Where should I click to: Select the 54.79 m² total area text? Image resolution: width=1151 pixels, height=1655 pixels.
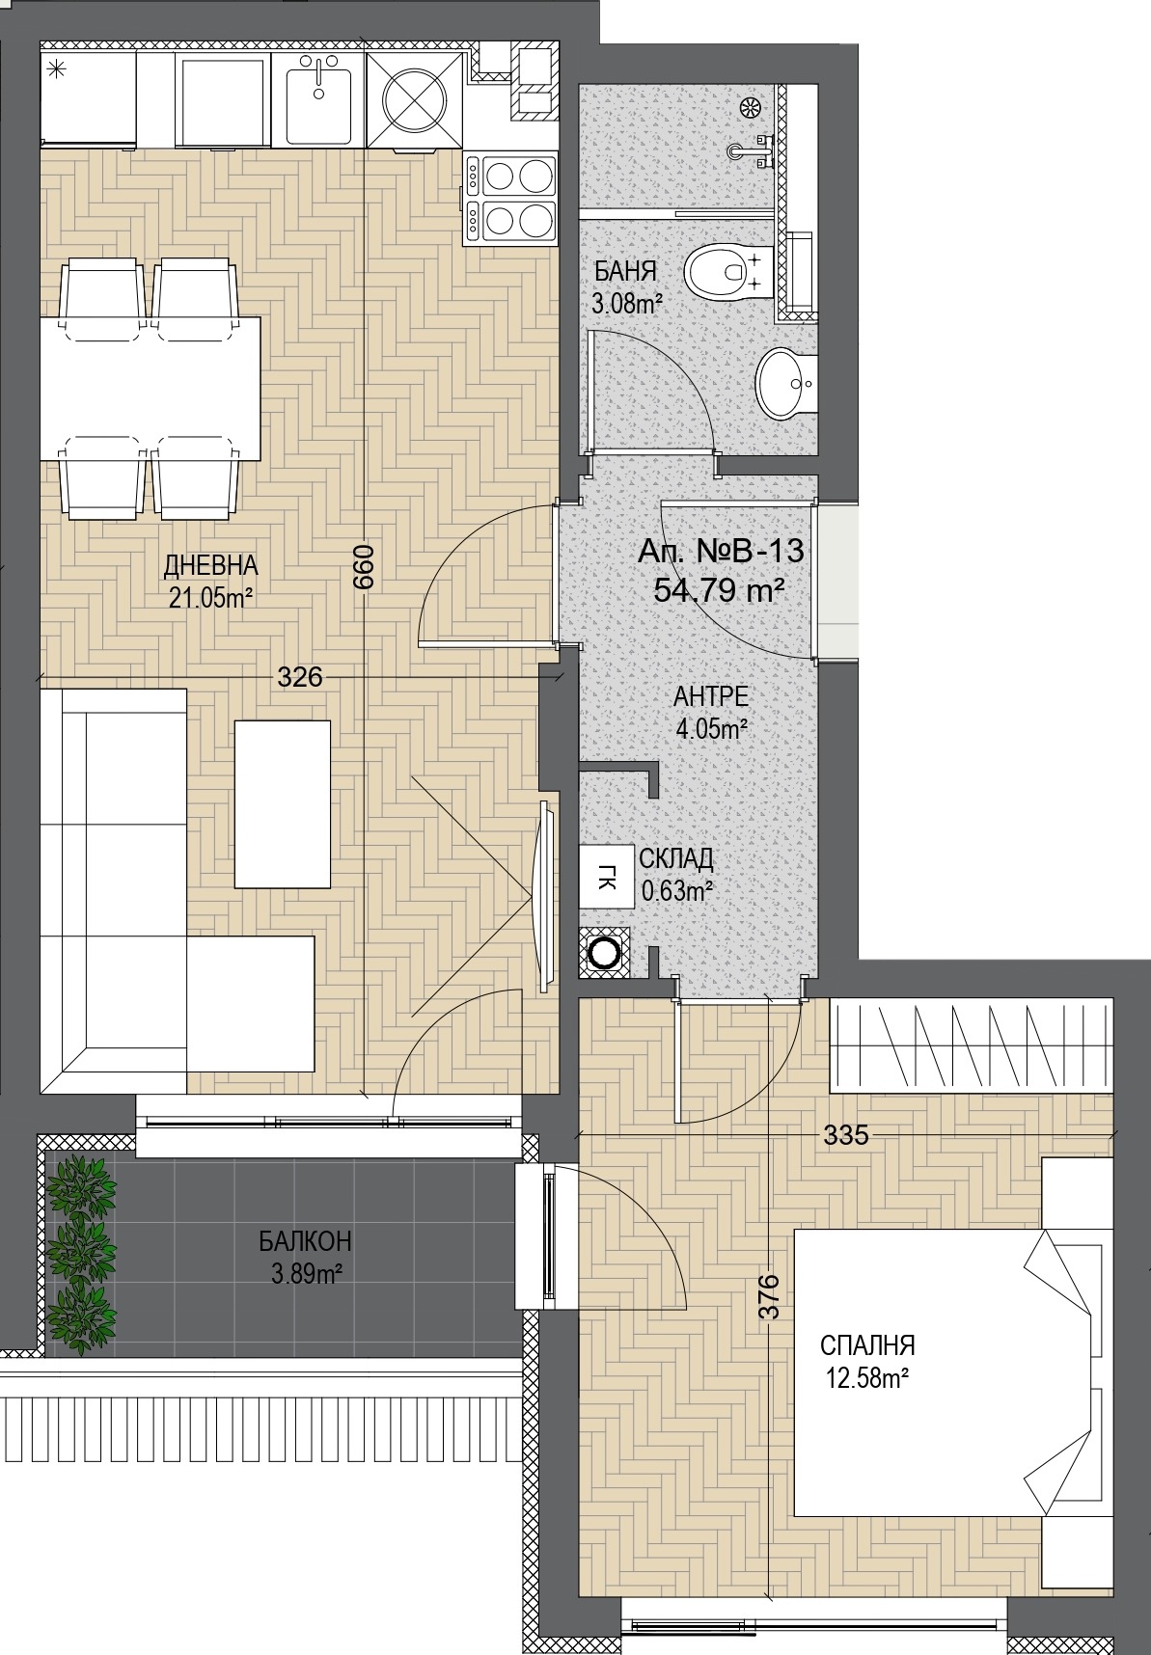tap(718, 588)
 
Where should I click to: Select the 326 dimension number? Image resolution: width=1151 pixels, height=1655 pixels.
tap(299, 678)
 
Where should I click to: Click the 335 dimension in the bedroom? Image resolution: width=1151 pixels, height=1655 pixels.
tap(846, 1135)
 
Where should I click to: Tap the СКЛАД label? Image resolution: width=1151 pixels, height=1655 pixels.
tap(676, 858)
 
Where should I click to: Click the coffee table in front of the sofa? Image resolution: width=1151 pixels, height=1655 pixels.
tap(283, 803)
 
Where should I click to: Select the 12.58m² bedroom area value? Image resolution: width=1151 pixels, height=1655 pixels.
tap(867, 1379)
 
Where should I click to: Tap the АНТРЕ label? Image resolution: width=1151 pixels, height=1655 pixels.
tap(712, 696)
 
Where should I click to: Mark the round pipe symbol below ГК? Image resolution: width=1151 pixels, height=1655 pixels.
tap(605, 953)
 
